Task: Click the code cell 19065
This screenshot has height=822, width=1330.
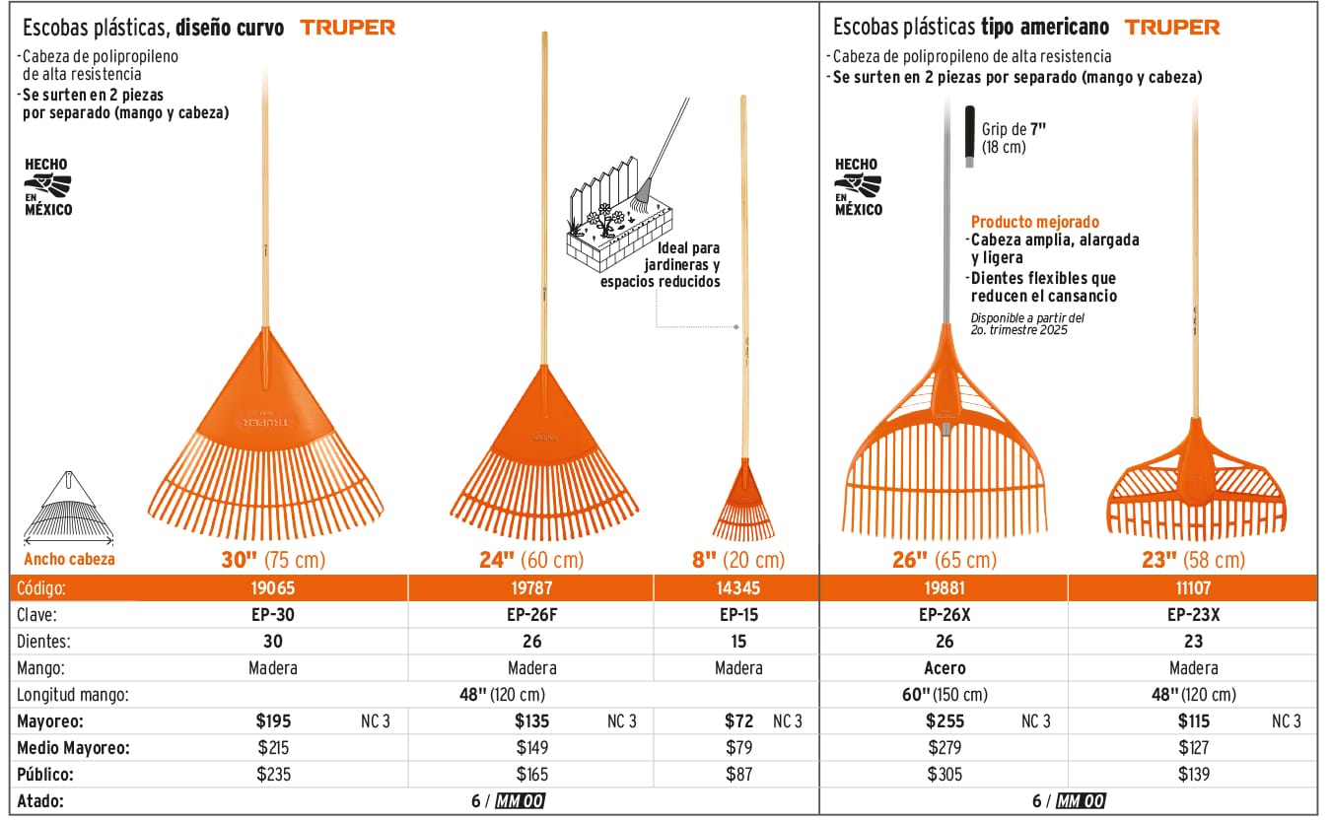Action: [273, 588]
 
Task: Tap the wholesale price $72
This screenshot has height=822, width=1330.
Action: [738, 720]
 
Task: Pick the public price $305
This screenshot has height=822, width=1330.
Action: [945, 774]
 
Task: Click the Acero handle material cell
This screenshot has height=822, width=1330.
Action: [945, 667]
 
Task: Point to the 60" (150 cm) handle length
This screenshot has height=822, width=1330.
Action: [945, 694]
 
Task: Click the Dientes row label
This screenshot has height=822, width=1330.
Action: [45, 642]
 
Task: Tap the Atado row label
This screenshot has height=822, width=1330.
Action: [40, 800]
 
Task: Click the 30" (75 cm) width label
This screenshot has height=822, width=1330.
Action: [273, 560]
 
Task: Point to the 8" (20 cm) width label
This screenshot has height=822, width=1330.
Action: [738, 560]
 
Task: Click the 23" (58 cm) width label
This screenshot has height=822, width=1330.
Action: [1192, 560]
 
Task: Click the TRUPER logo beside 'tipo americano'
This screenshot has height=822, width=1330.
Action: [1172, 28]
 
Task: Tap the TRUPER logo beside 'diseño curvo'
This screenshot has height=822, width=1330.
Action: [348, 28]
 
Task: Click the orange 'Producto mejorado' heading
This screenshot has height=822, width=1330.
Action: [1034, 223]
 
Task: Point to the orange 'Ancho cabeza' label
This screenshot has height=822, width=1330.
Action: [69, 559]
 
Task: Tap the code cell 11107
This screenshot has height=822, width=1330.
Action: [1192, 588]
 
